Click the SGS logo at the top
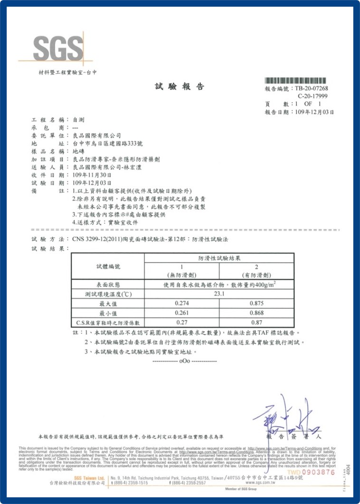point(57,48)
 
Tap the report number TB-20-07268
point(311,88)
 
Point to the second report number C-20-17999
point(313,96)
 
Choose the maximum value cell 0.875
point(256,303)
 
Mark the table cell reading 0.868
point(256,313)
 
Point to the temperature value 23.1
point(219,294)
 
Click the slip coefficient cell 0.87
point(256,322)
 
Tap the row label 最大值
point(108,304)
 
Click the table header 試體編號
point(108,267)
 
